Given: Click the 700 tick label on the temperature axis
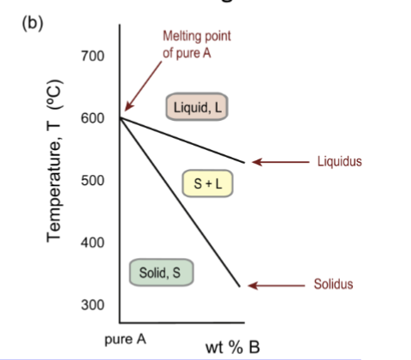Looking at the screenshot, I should click(92, 57).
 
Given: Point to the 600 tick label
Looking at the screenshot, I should click(92, 119).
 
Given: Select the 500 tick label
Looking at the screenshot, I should click(92, 181).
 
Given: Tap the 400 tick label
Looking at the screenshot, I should click(92, 243).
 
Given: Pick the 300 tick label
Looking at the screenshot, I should click(92, 305).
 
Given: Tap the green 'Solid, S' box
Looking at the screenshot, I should click(161, 273).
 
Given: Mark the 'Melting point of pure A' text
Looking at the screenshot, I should click(196, 44).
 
